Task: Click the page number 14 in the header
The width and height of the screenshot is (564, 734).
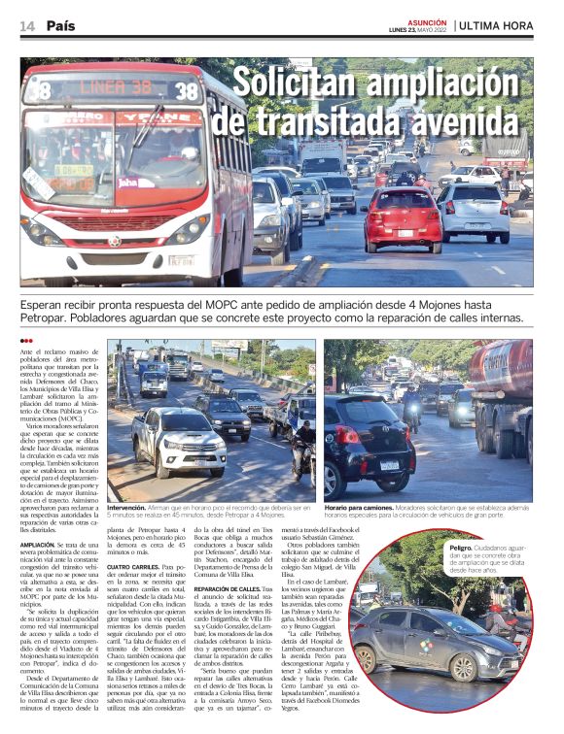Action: click(27, 26)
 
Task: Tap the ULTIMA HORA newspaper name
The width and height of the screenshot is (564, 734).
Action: click(497, 26)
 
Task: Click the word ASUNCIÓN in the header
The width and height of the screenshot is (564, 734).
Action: click(428, 20)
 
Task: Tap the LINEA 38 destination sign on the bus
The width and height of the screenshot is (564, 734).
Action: click(103, 89)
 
